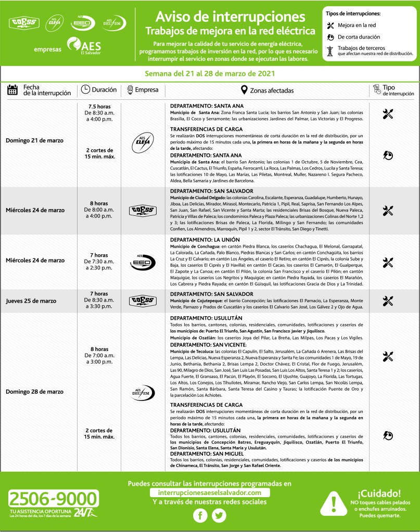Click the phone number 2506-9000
53,499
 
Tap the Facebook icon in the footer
200,515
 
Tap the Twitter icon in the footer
220,515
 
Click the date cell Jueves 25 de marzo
31,301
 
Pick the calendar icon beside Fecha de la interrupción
12,90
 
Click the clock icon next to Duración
85,90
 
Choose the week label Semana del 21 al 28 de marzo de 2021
210,73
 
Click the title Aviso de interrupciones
230,15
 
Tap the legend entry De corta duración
359,37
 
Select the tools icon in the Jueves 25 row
388,301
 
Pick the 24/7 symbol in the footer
84,513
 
